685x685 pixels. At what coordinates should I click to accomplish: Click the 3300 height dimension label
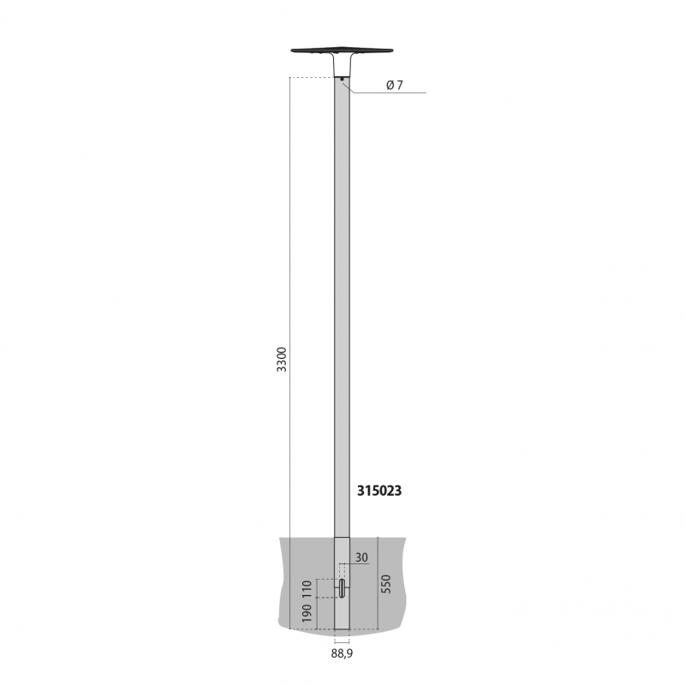[x=282, y=359]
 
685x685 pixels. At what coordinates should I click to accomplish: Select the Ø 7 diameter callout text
[x=395, y=85]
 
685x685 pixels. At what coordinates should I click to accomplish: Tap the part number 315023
[x=379, y=491]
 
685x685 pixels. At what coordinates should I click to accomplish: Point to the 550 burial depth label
[x=386, y=584]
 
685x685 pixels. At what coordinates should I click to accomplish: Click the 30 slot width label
[x=361, y=557]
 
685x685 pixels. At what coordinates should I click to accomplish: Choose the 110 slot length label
[x=307, y=589]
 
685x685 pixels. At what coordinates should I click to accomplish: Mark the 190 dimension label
[x=307, y=613]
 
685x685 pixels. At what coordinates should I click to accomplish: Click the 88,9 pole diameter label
[x=342, y=653]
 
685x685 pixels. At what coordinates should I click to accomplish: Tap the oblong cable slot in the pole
[x=342, y=588]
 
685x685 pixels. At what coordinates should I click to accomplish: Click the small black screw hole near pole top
[x=342, y=79]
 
